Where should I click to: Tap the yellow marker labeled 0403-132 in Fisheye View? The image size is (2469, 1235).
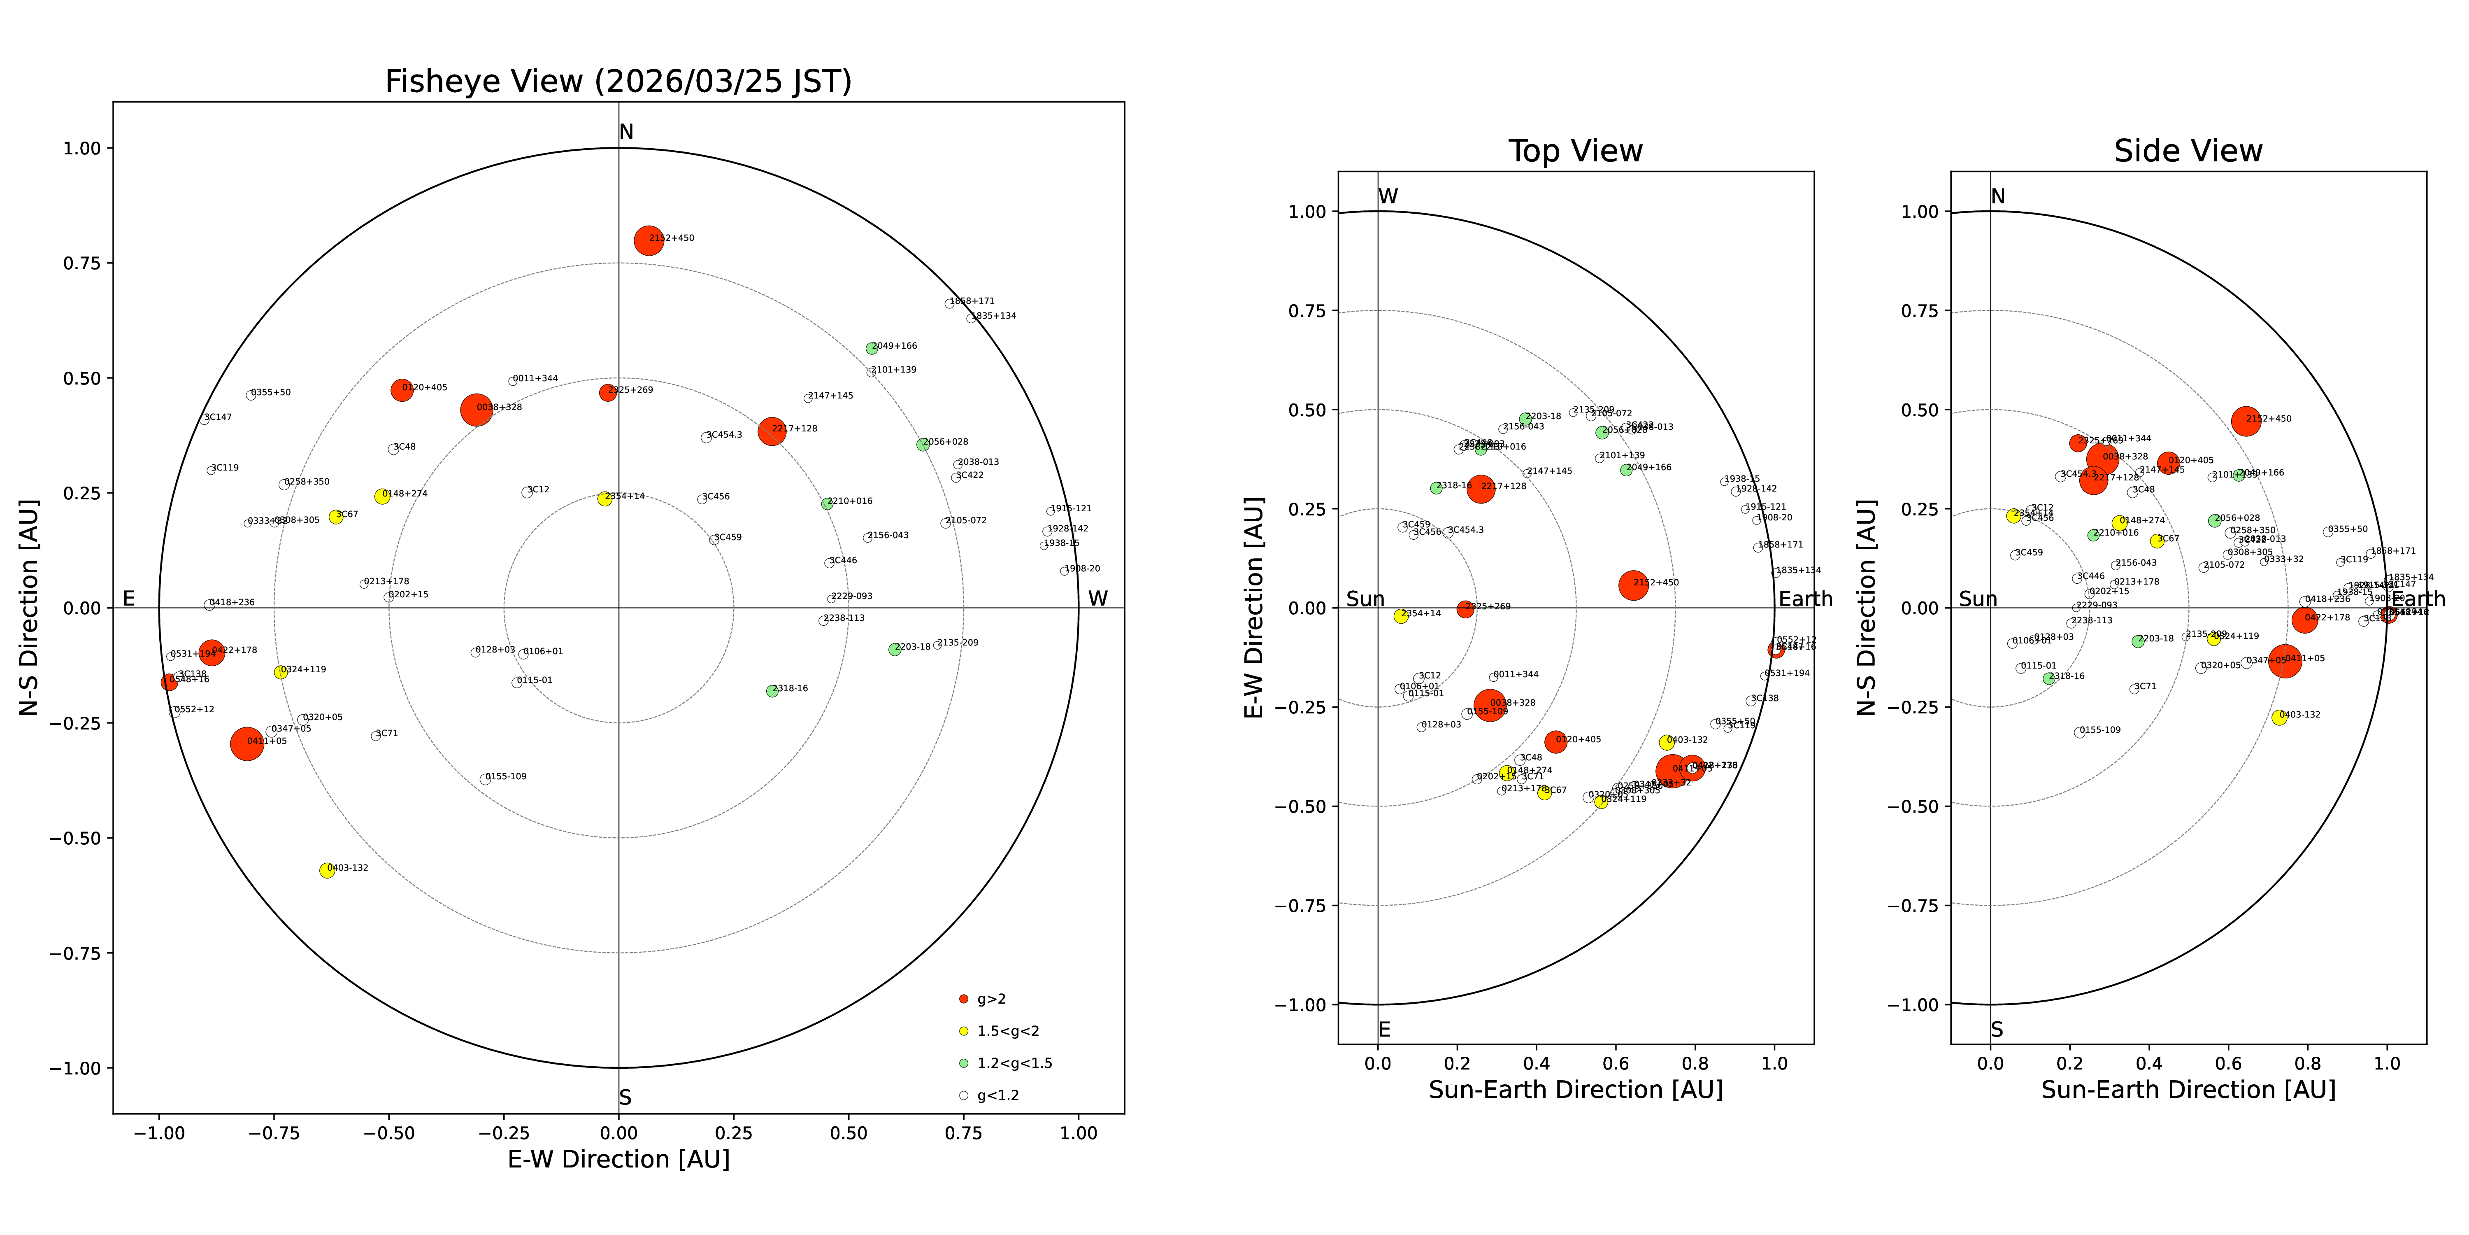click(x=327, y=870)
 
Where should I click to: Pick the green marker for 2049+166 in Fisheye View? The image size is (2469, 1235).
click(x=871, y=348)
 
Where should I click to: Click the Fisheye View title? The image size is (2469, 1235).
click(x=618, y=82)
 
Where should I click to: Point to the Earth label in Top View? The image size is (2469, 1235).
click(x=1805, y=599)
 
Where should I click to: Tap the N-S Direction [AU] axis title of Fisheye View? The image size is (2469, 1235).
click(x=29, y=607)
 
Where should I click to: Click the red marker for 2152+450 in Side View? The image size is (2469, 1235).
click(x=2246, y=420)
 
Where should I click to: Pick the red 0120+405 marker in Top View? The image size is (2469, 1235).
click(x=1555, y=741)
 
